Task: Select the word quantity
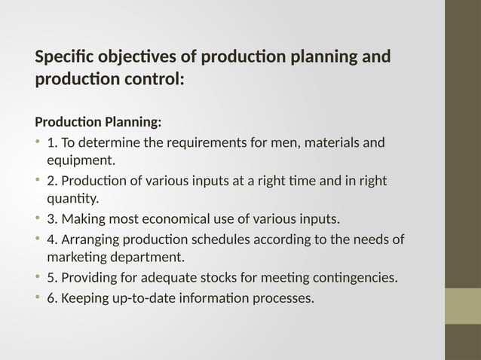(72, 199)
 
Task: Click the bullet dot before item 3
(38, 219)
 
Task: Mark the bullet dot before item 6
(38, 298)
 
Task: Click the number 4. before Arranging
(52, 239)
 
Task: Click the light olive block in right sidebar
(463, 307)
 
